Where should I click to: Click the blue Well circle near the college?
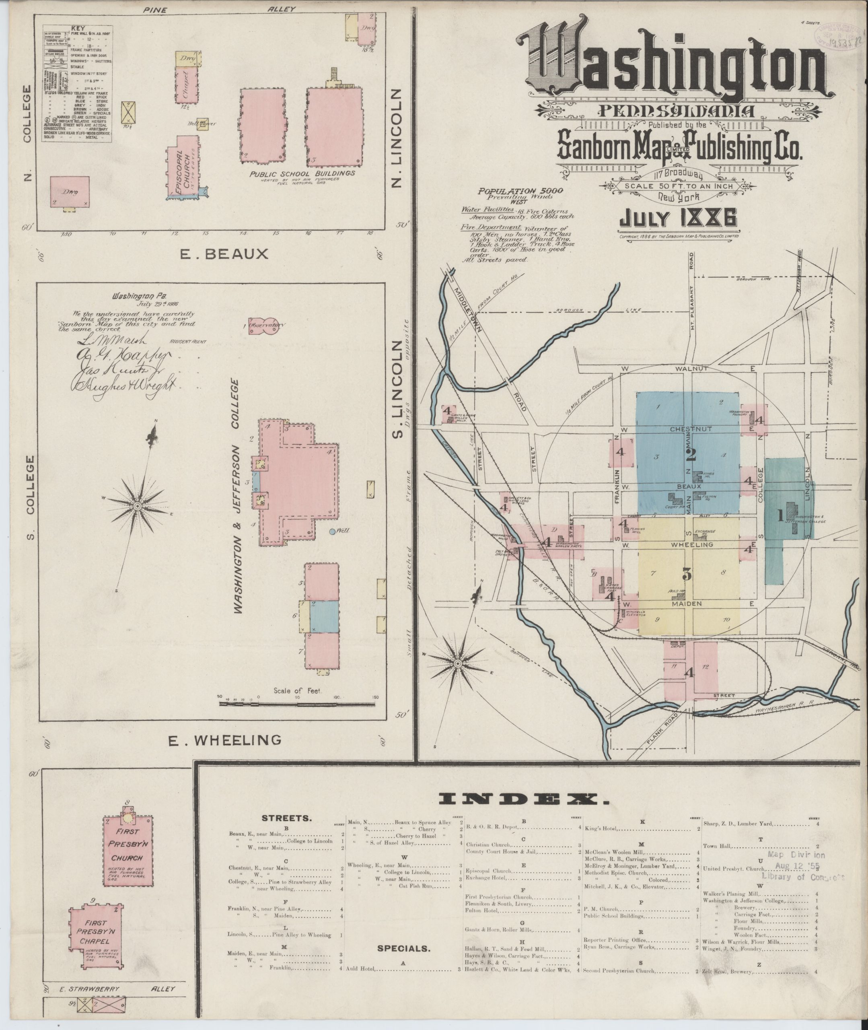pyautogui.click(x=333, y=531)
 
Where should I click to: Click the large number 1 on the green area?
pyautogui.click(x=780, y=516)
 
